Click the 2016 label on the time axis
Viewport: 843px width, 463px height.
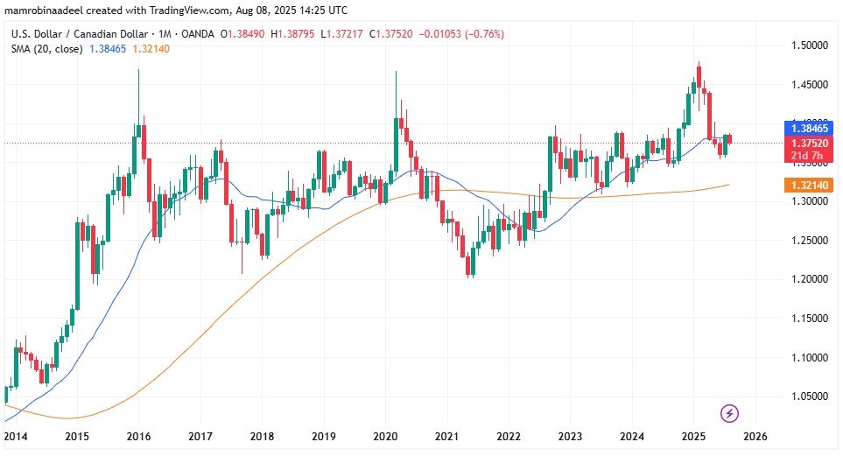[138, 436]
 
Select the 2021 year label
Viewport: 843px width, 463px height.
[447, 436]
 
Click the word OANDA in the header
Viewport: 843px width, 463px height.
[199, 33]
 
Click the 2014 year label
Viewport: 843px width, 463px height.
[15, 436]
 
